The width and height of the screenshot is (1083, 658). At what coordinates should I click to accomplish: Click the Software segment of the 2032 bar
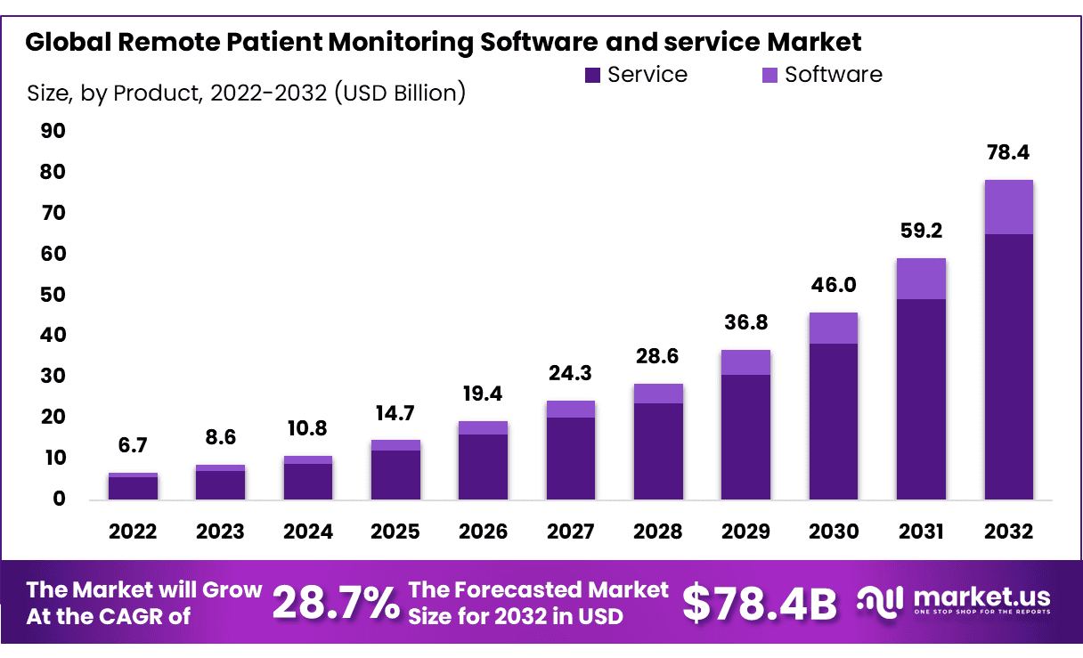click(1008, 207)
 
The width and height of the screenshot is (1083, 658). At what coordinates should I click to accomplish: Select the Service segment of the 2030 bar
click(833, 421)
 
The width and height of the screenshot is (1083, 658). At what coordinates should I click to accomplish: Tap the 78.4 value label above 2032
click(1008, 153)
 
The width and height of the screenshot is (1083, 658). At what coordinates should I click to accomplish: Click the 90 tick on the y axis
click(53, 132)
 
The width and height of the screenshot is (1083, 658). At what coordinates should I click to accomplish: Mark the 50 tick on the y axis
click(53, 295)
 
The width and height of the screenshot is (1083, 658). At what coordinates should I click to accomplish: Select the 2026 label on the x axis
click(483, 532)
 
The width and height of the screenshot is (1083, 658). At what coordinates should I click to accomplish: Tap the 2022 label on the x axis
click(133, 532)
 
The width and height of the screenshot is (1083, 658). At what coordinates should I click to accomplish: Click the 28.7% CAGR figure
click(336, 603)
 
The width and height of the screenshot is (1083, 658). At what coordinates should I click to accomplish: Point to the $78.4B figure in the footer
click(759, 603)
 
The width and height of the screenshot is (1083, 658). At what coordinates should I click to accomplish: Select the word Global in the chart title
click(66, 42)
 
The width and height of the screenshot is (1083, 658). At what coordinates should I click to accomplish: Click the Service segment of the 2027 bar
click(570, 458)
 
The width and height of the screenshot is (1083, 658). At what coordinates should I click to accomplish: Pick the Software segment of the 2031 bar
click(921, 279)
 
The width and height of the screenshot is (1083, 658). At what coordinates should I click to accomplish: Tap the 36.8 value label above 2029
click(745, 322)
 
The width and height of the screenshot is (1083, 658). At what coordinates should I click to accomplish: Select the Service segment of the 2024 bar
click(307, 481)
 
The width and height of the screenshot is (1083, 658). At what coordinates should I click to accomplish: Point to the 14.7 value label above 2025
click(395, 412)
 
